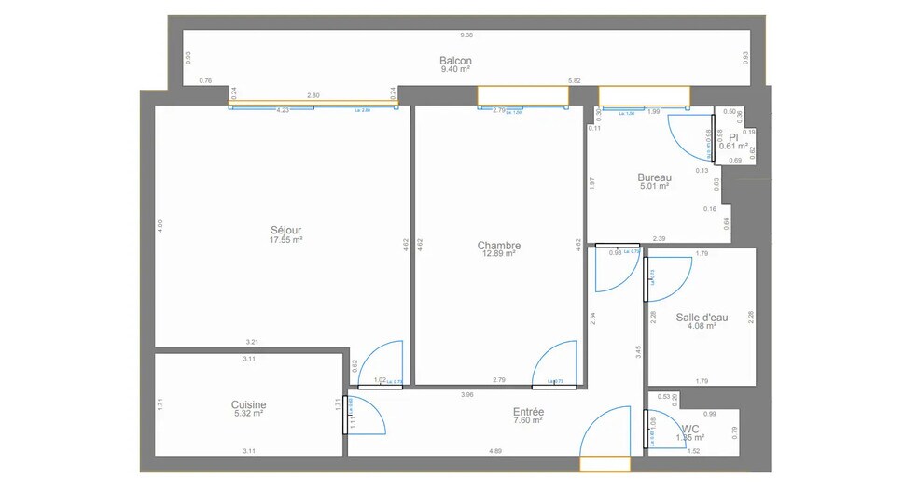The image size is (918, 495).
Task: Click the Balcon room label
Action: [454, 61]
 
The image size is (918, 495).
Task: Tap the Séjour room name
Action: [285, 231]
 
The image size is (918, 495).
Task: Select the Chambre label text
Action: [499, 246]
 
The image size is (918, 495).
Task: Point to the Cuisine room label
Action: [248, 404]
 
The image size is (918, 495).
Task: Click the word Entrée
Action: [528, 412]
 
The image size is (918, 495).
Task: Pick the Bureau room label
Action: [654, 177]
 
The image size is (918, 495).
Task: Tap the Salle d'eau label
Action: [702, 317]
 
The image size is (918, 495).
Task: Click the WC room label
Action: [690, 429]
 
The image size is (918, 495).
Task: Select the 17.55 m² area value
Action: [285, 240]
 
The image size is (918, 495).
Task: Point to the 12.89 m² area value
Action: [499, 254]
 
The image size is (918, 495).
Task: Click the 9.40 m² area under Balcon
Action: [454, 69]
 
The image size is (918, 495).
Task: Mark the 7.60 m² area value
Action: [528, 420]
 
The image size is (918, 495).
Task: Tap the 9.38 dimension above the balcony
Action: [466, 35]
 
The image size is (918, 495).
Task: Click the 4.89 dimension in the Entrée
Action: [495, 452]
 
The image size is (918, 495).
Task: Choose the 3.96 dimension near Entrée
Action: [466, 395]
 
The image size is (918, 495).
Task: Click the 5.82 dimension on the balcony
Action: [575, 81]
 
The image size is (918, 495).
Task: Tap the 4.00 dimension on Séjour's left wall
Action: [160, 224]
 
